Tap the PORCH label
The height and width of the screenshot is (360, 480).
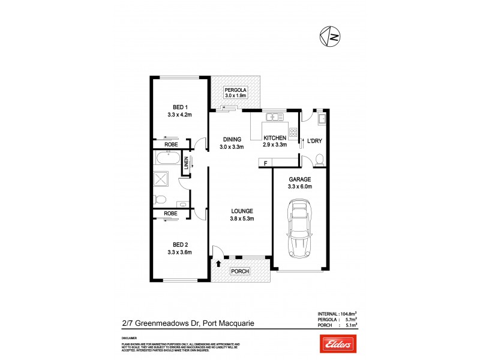(x=241, y=271)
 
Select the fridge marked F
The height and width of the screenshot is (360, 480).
(x=265, y=163)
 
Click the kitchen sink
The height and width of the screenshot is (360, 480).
(x=275, y=116)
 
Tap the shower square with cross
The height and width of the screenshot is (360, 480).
(x=161, y=179)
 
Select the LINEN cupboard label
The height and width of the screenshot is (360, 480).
(x=187, y=163)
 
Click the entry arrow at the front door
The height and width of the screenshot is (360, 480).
(x=218, y=262)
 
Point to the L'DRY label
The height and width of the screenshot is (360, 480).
(x=314, y=142)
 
